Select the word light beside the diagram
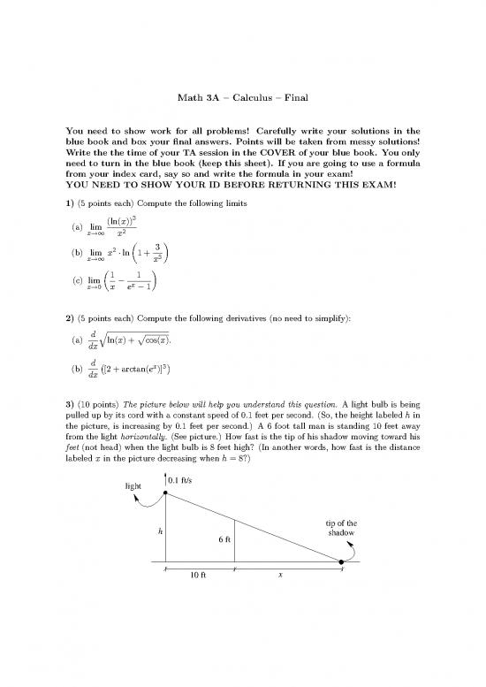click(x=132, y=485)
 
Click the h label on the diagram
click(x=160, y=531)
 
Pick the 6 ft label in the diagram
click(x=225, y=539)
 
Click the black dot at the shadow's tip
click(x=342, y=561)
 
